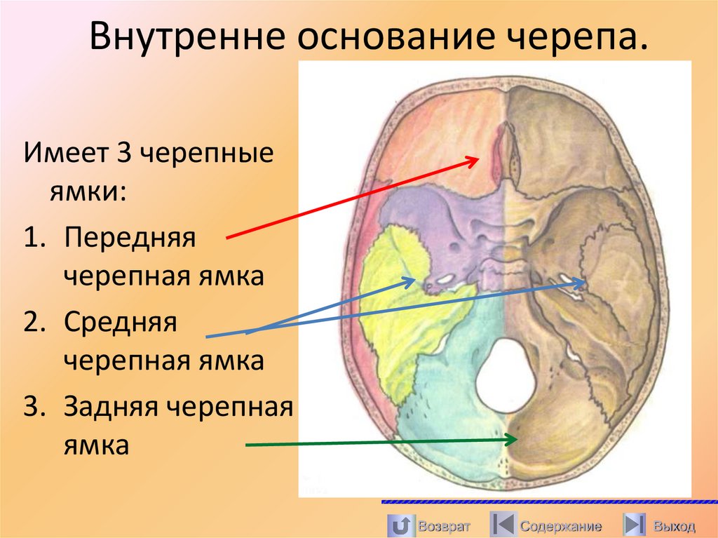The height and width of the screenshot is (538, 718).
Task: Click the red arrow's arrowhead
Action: point(474,161)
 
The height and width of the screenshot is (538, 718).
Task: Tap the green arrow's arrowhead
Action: point(514,439)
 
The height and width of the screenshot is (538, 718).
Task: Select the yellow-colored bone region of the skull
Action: point(393,309)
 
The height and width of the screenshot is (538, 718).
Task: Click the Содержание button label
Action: point(560,526)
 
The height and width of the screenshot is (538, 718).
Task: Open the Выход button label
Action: point(674,526)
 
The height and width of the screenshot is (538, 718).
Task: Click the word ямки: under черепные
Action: point(87,190)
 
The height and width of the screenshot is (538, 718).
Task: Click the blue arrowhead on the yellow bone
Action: point(411,280)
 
